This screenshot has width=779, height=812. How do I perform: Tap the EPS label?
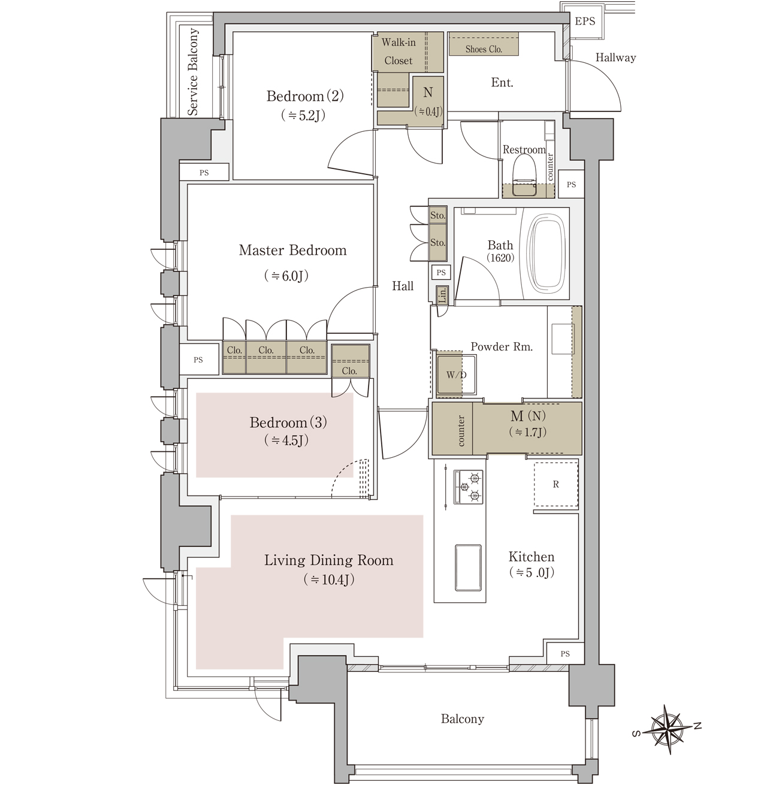585,21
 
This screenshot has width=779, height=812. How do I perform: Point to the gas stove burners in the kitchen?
468,487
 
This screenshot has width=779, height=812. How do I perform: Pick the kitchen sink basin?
468,567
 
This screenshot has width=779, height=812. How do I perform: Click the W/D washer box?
456,375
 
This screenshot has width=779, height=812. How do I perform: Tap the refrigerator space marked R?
555,484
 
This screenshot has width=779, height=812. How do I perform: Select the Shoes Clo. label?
483,49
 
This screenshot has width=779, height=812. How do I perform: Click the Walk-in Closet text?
398,52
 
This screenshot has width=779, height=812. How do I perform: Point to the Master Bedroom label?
292,250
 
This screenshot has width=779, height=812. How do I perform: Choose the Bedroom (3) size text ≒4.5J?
286,440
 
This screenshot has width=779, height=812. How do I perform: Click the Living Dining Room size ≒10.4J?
329,579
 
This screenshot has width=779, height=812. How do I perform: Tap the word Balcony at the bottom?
462,719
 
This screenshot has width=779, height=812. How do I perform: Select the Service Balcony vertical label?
193,71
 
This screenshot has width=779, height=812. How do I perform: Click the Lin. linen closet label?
442,294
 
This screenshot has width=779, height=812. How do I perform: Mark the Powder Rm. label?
501,346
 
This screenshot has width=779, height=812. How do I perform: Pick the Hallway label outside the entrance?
615,58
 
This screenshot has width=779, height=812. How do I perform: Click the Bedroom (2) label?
305,96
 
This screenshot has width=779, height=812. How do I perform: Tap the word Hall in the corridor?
403,286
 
